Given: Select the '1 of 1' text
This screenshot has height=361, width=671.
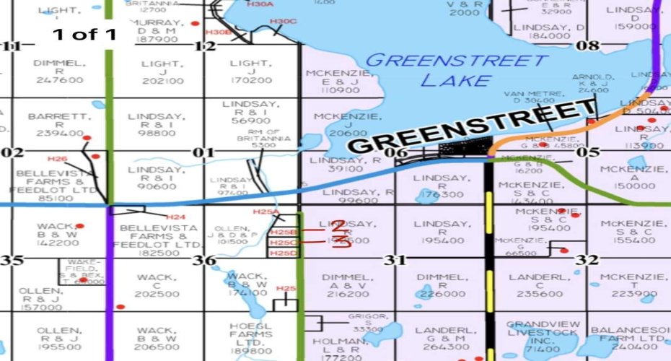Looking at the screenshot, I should click(x=84, y=34).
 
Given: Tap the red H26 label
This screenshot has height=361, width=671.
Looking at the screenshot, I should click(x=57, y=158).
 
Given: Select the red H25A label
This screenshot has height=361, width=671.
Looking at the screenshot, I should click(x=266, y=212).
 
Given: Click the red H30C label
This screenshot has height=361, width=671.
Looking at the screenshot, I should click(x=284, y=22).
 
